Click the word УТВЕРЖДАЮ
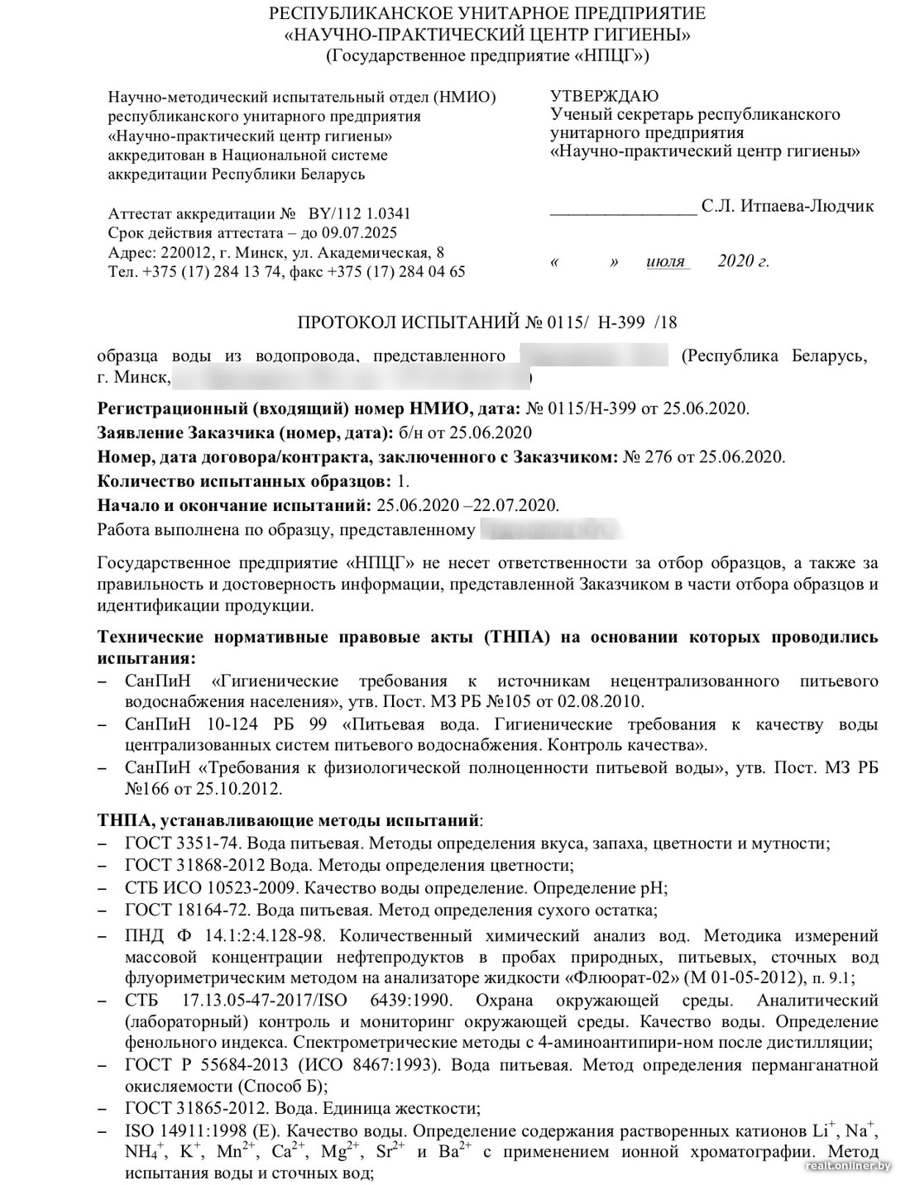pyautogui.click(x=605, y=96)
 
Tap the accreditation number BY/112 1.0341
pyautogui.click(x=359, y=213)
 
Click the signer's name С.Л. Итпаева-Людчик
pyautogui.click(x=788, y=206)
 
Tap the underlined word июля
pyautogui.click(x=666, y=261)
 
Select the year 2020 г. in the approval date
pyautogui.click(x=743, y=261)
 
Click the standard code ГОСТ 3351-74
pyautogui.click(x=182, y=843)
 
